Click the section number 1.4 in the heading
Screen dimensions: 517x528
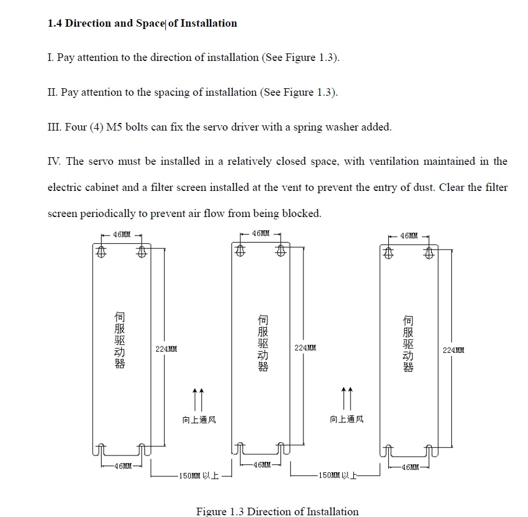click(x=55, y=24)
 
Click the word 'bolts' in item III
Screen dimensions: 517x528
click(x=136, y=127)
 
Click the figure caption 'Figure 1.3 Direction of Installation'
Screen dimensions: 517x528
click(x=277, y=511)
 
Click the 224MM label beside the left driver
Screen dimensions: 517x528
click(x=166, y=349)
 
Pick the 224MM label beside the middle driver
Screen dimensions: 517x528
click(x=305, y=348)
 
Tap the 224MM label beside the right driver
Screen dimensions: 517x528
click(x=453, y=350)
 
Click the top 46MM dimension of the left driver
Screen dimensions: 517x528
click(x=122, y=235)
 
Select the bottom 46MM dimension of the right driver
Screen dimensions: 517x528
click(x=410, y=467)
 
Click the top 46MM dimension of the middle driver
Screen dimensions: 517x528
click(x=261, y=233)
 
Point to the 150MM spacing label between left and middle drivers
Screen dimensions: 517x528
click(x=198, y=476)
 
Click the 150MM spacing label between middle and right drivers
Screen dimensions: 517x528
click(x=337, y=475)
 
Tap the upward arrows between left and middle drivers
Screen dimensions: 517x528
click(x=198, y=399)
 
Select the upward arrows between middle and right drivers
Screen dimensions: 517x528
click(x=347, y=398)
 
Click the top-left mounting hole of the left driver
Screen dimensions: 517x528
click(x=101, y=251)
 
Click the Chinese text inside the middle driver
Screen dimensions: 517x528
click(x=263, y=343)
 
